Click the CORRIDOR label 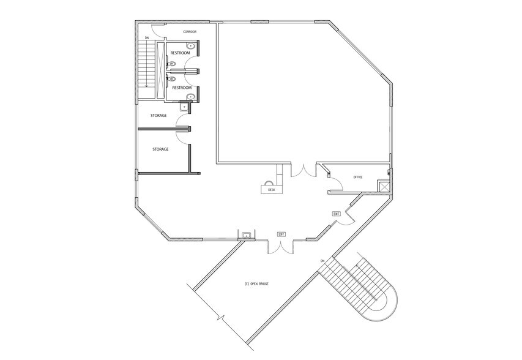tap(190, 32)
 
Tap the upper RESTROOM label tap(181, 53)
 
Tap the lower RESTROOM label tap(182, 88)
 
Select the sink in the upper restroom tap(191, 46)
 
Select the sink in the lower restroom tap(191, 97)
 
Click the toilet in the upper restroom tap(171, 64)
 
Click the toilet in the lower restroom tap(171, 79)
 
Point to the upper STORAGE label tap(158, 116)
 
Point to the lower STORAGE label tap(160, 149)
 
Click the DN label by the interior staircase tap(146, 38)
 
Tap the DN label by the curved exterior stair tap(323, 260)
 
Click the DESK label tap(272, 190)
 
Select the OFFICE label tap(358, 178)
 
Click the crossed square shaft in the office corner tap(384, 186)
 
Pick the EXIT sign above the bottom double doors tap(282, 234)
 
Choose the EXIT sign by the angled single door tap(337, 214)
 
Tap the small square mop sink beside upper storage tap(184, 107)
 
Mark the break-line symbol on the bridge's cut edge tap(220, 317)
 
